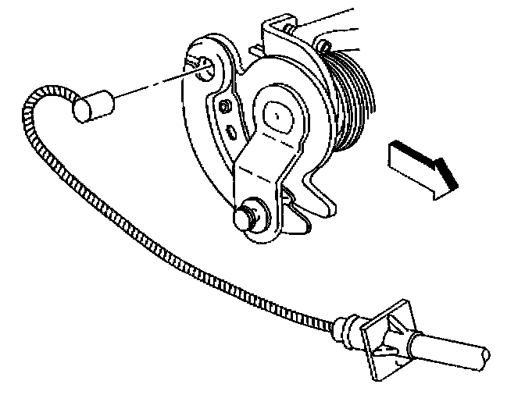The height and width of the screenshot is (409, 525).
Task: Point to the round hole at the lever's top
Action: click(206, 67)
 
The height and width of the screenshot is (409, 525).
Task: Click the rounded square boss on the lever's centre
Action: click(275, 116)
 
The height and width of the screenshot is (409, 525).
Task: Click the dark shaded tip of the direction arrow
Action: click(447, 173)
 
